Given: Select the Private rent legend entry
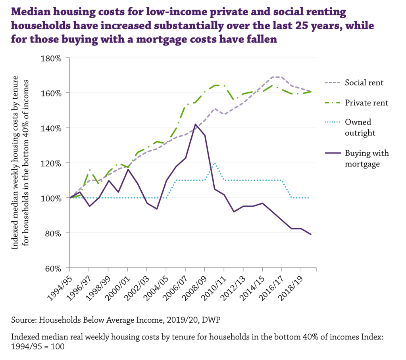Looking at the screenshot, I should coord(366,103).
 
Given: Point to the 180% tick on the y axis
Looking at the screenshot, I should coord(52,58).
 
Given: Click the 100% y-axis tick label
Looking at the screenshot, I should coord(52,198).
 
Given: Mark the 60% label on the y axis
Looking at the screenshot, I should coord(54,268).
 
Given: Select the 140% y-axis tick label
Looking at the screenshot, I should coord(52,128).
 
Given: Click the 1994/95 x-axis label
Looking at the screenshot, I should coord(60,285).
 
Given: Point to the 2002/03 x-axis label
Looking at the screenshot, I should coord(137,285).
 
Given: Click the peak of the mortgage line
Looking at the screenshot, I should coord(195,124).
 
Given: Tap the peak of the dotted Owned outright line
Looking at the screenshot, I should coord(214,163).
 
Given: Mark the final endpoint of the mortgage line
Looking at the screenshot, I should coord(310,234).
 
